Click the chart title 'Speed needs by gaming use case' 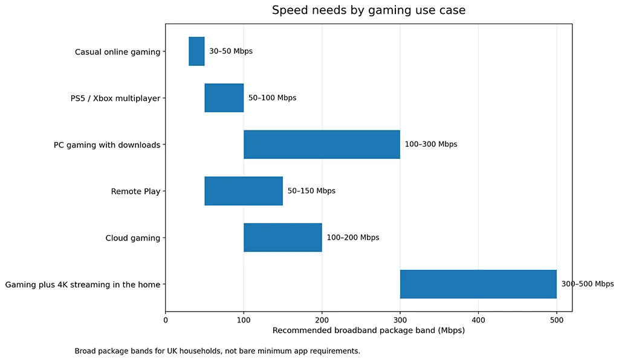click(369, 10)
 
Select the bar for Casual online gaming click(196, 51)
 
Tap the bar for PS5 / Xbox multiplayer click(224, 98)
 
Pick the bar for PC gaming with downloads click(322, 144)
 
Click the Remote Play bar click(244, 191)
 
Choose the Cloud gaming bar click(282, 237)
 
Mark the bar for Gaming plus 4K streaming click(478, 284)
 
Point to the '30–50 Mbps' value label click(231, 51)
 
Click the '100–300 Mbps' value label click(431, 144)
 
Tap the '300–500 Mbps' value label click(588, 284)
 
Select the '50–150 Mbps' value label click(311, 191)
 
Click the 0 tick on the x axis click(166, 320)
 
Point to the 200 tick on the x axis click(322, 320)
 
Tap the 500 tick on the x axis click(556, 320)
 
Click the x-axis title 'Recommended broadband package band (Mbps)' click(369, 331)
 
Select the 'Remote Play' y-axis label click(135, 191)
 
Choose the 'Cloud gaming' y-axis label click(132, 238)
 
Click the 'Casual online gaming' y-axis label click(117, 52)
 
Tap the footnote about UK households click(217, 351)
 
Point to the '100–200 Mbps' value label click(353, 237)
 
